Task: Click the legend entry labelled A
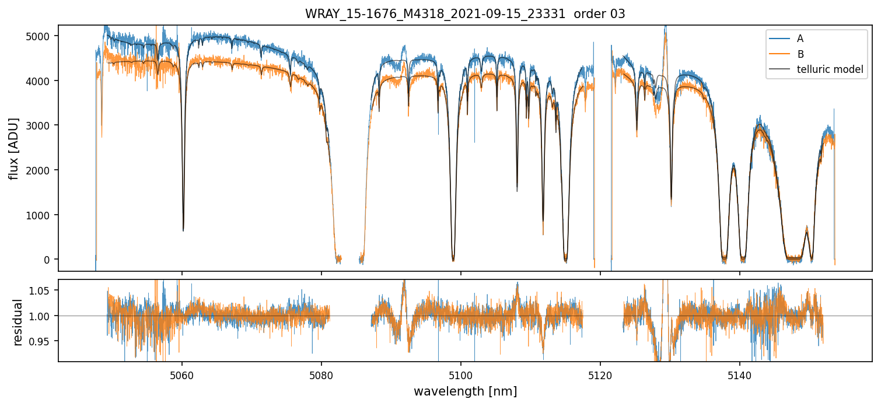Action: point(800,38)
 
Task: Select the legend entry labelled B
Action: point(800,54)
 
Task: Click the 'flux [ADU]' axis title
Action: point(14,148)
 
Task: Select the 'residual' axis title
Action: point(18,322)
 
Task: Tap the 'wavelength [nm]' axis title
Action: point(465,391)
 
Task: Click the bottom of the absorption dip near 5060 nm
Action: point(183,230)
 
